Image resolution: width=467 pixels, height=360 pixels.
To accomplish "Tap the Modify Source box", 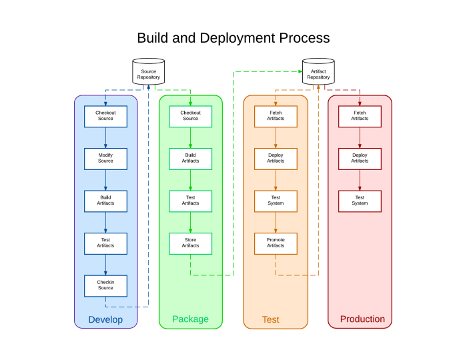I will (105, 159).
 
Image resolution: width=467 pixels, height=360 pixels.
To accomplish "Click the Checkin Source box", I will (105, 286).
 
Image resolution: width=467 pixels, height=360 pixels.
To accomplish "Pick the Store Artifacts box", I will (190, 243).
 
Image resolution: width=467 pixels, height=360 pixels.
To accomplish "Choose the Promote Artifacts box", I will (276, 243).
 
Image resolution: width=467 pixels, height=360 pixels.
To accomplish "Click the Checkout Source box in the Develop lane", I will (105, 116).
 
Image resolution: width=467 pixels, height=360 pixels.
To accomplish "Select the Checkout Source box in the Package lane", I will (190, 116).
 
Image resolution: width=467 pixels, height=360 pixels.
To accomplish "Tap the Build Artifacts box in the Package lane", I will (190, 159).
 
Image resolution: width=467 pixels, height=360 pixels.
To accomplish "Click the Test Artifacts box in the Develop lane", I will (105, 243).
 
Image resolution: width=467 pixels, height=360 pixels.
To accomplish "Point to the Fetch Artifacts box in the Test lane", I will (276, 116).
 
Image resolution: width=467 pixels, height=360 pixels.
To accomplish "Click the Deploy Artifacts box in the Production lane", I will (360, 159).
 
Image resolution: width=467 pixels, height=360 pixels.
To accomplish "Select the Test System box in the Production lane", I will (360, 201).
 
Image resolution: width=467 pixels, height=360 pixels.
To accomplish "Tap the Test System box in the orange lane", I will (276, 201).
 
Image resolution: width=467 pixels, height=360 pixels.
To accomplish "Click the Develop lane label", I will (105, 319).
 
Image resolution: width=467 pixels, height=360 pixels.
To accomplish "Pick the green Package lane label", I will (190, 319).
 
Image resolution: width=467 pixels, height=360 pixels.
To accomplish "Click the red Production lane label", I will (362, 319).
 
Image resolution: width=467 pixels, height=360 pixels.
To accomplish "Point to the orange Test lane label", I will (270, 319).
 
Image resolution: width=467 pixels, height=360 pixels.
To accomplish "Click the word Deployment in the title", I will (243, 38).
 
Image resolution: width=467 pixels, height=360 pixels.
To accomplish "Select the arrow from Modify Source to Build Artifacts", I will (105, 180).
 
